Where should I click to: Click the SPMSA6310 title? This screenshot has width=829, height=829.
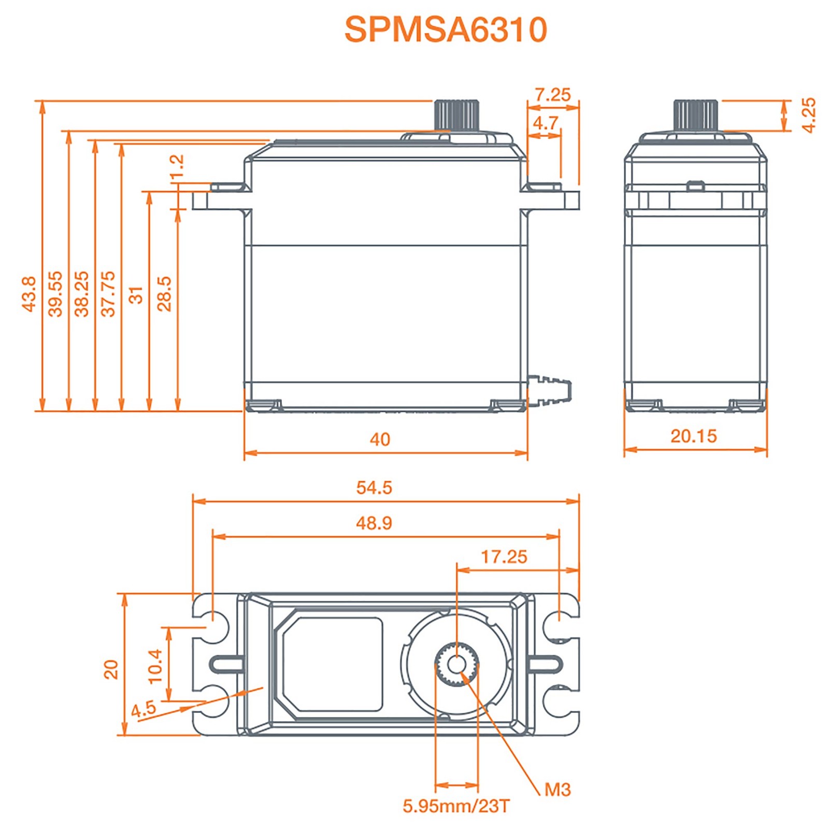[x=445, y=30]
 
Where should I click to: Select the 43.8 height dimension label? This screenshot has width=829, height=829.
[x=29, y=294]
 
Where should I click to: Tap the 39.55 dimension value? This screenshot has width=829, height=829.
[x=55, y=294]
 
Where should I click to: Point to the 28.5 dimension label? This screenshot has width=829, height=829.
[x=164, y=294]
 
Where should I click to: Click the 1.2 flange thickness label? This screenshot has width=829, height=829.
[x=177, y=165]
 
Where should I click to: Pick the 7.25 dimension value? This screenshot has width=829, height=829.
[x=552, y=95]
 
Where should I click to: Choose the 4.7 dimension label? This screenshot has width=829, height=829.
[x=546, y=123]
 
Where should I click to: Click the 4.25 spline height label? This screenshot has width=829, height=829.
[x=808, y=115]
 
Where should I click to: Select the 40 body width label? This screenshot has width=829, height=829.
[x=380, y=439]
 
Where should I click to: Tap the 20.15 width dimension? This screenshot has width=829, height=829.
[x=694, y=436]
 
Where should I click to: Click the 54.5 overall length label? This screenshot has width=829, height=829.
[x=374, y=488]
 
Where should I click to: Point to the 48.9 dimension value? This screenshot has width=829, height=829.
[x=374, y=523]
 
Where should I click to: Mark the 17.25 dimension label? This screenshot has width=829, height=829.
[x=504, y=557]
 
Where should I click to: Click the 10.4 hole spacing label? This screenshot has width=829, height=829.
[x=155, y=666]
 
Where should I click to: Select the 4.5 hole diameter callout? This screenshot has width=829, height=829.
[x=144, y=709]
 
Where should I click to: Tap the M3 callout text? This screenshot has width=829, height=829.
[x=558, y=790]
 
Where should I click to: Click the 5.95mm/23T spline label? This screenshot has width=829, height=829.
[x=456, y=806]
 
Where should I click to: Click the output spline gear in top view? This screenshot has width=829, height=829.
[x=456, y=664]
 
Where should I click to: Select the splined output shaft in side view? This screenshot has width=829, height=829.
[x=696, y=116]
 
